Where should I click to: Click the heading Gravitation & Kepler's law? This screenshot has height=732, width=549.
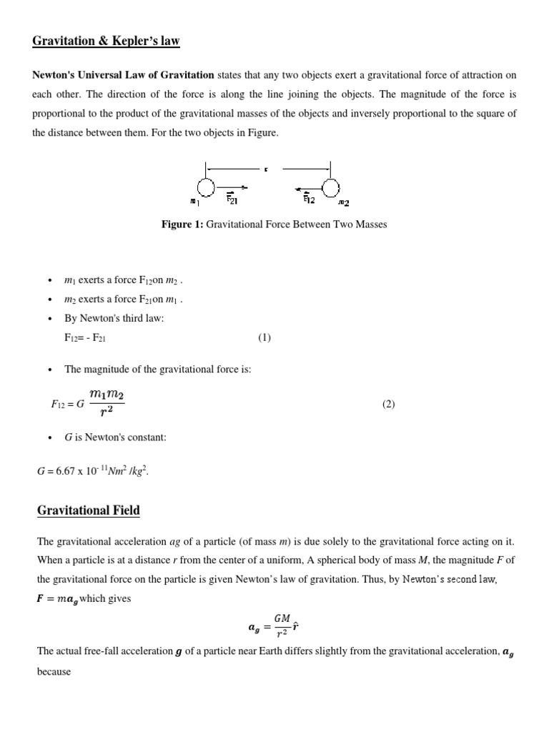tap(106, 41)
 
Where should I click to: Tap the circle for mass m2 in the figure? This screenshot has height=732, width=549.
tap(330, 188)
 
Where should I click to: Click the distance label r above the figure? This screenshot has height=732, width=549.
tap(266, 169)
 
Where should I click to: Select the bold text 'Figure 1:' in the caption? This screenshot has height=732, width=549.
tap(182, 225)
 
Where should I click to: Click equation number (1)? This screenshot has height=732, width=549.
tap(264, 338)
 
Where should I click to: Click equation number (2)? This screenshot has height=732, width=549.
tap(388, 404)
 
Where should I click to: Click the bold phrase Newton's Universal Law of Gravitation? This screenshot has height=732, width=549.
tap(123, 75)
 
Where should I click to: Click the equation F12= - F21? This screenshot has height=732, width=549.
tap(85, 338)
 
